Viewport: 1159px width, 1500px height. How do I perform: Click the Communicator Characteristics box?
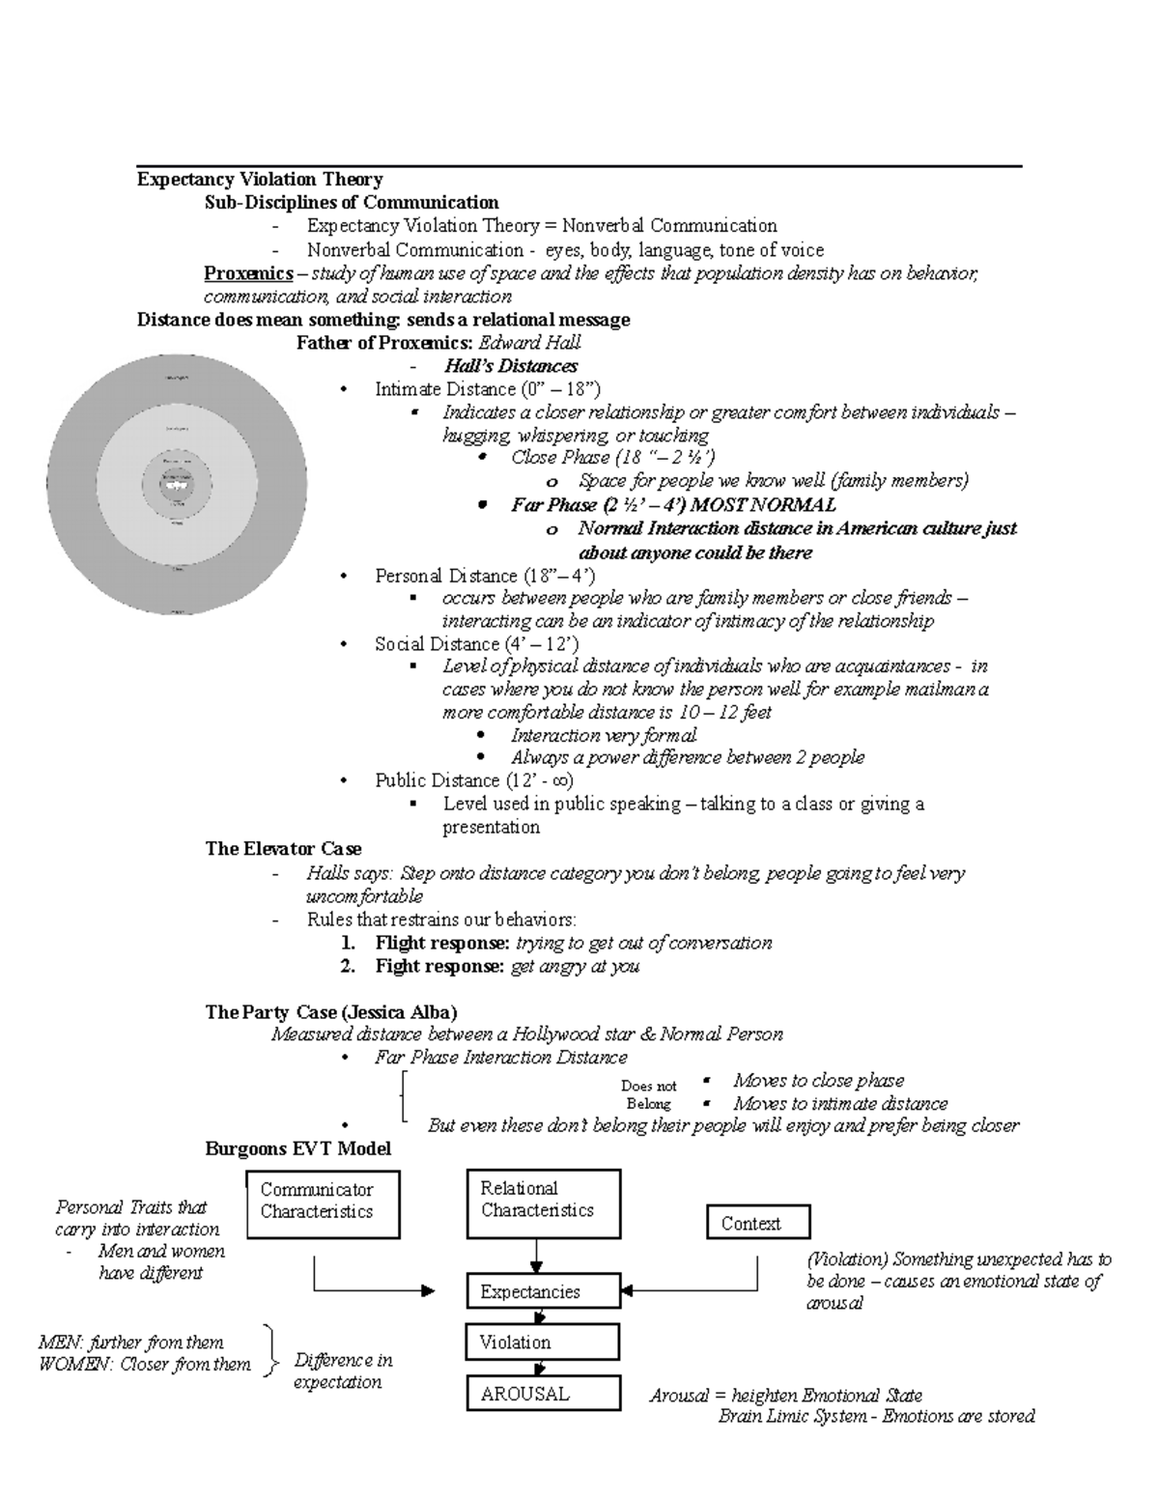[323, 1203]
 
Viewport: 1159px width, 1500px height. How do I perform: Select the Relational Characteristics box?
[544, 1203]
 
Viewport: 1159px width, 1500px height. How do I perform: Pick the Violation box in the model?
[543, 1343]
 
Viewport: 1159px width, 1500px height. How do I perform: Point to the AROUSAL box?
[543, 1394]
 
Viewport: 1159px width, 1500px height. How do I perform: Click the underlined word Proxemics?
[248, 273]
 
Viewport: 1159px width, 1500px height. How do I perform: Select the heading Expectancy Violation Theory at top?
[260, 180]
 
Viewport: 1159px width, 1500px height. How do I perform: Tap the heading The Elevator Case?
[283, 849]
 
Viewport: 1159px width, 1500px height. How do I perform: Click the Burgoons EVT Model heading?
[297, 1149]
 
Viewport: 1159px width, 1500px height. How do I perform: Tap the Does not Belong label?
[648, 1094]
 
